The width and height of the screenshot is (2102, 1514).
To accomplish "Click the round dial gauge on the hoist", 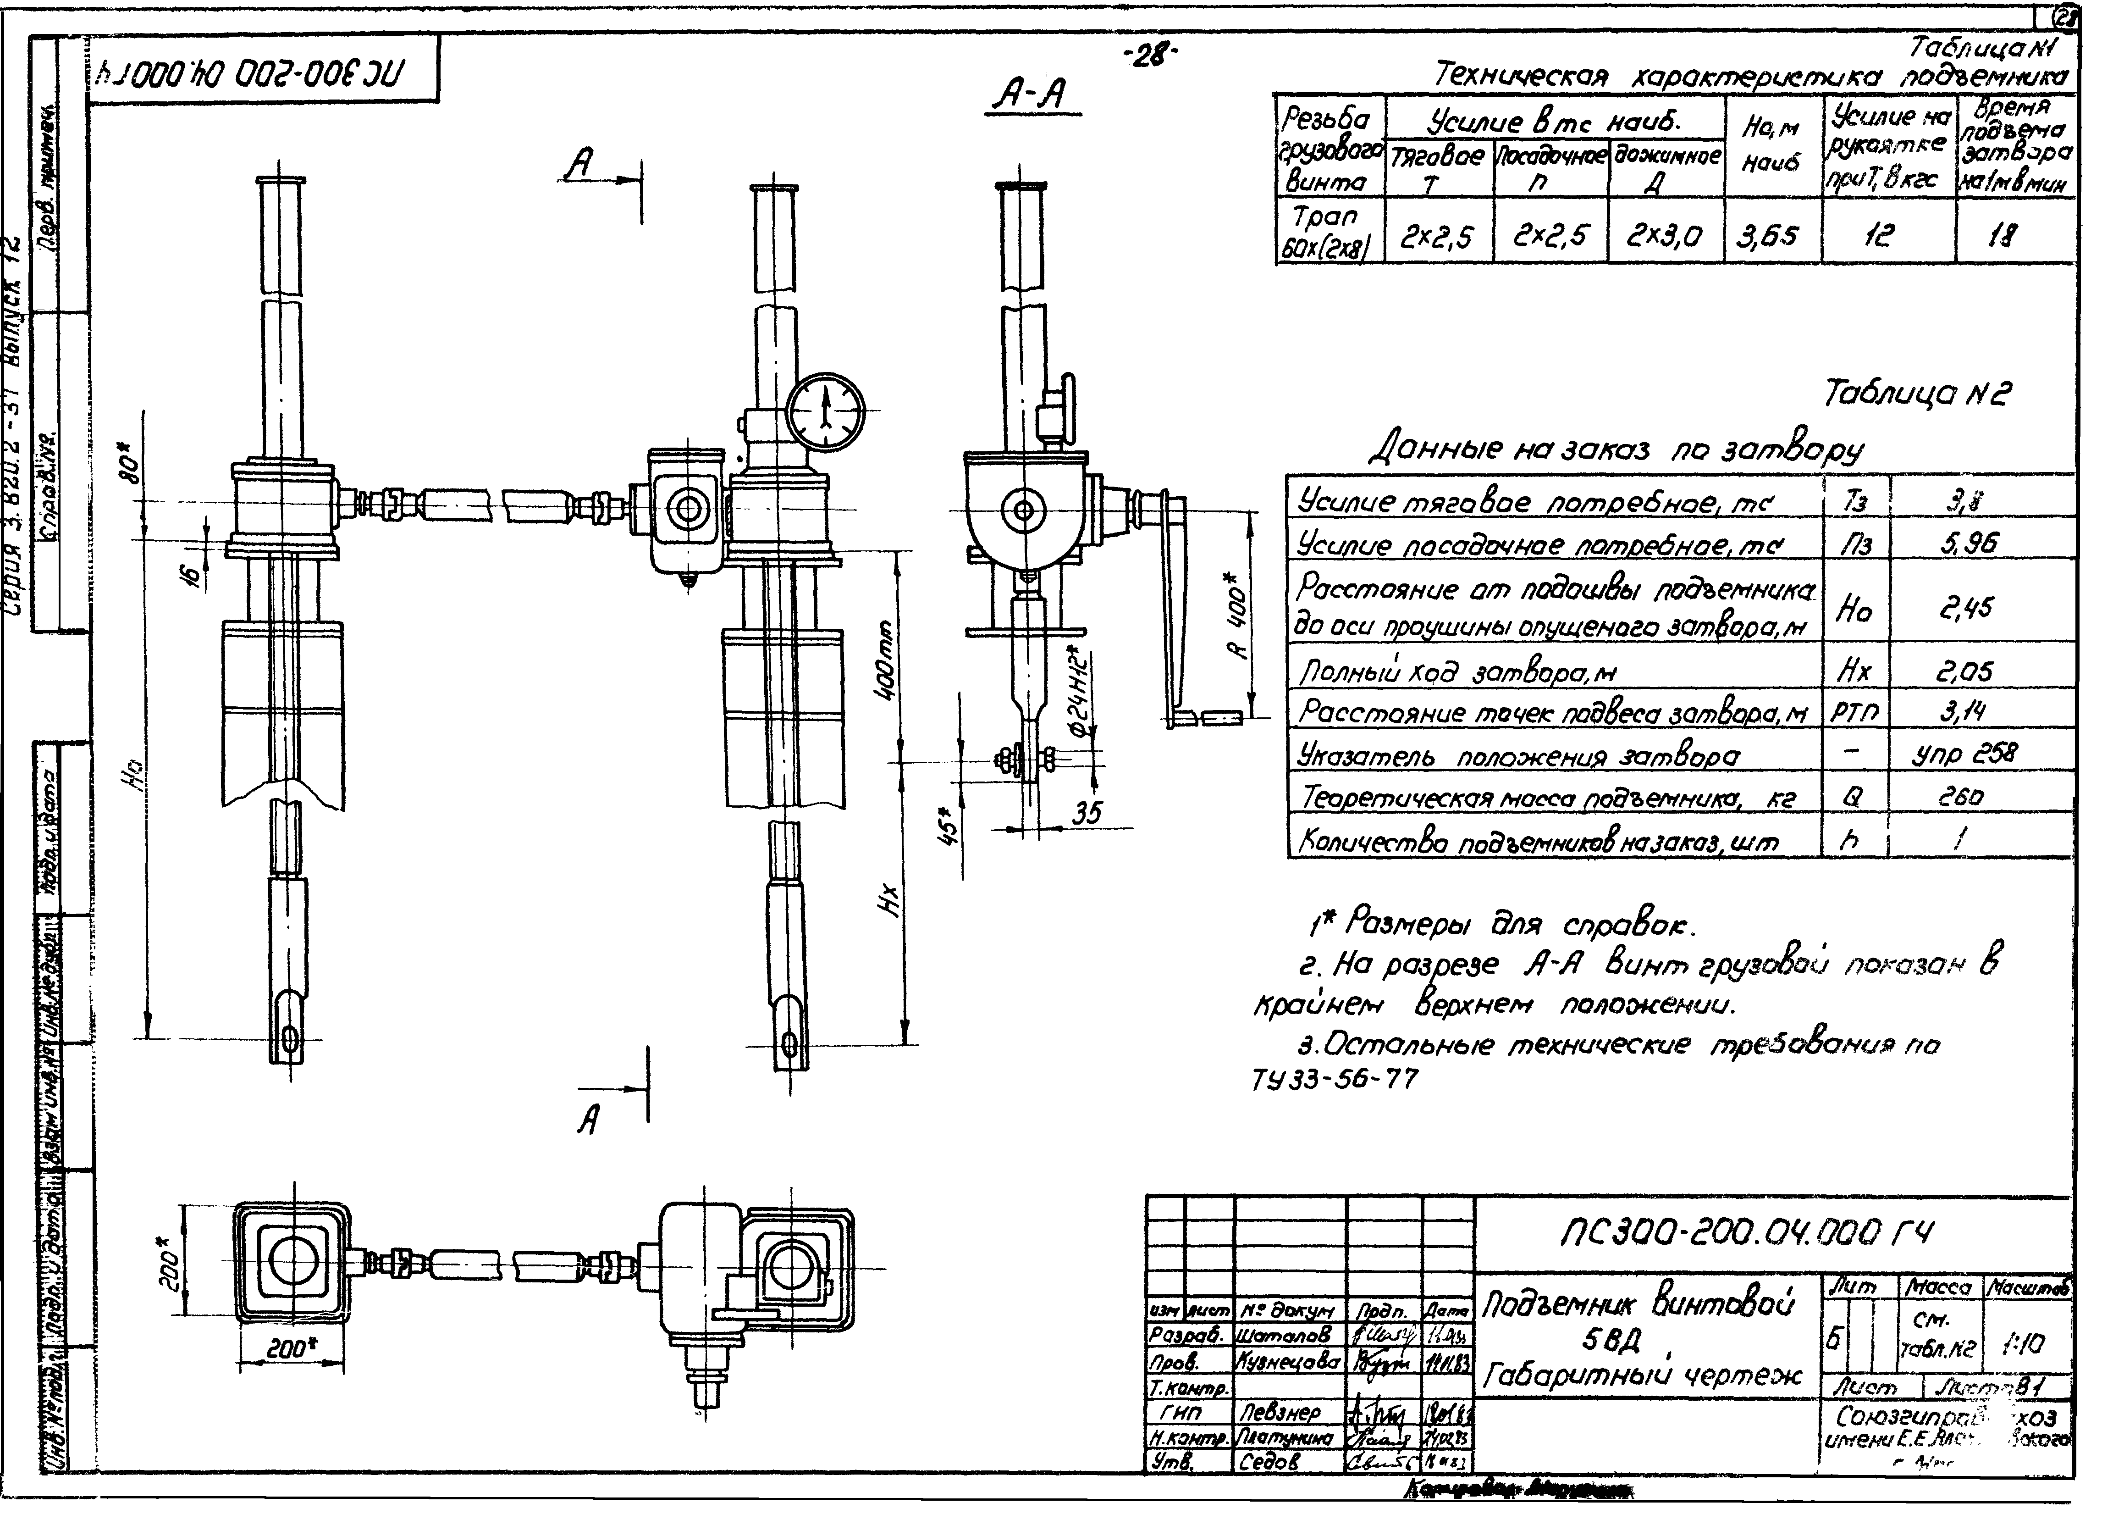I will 826,413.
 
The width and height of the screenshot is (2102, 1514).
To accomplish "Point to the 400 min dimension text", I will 885,660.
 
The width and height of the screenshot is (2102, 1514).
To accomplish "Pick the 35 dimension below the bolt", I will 1087,813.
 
